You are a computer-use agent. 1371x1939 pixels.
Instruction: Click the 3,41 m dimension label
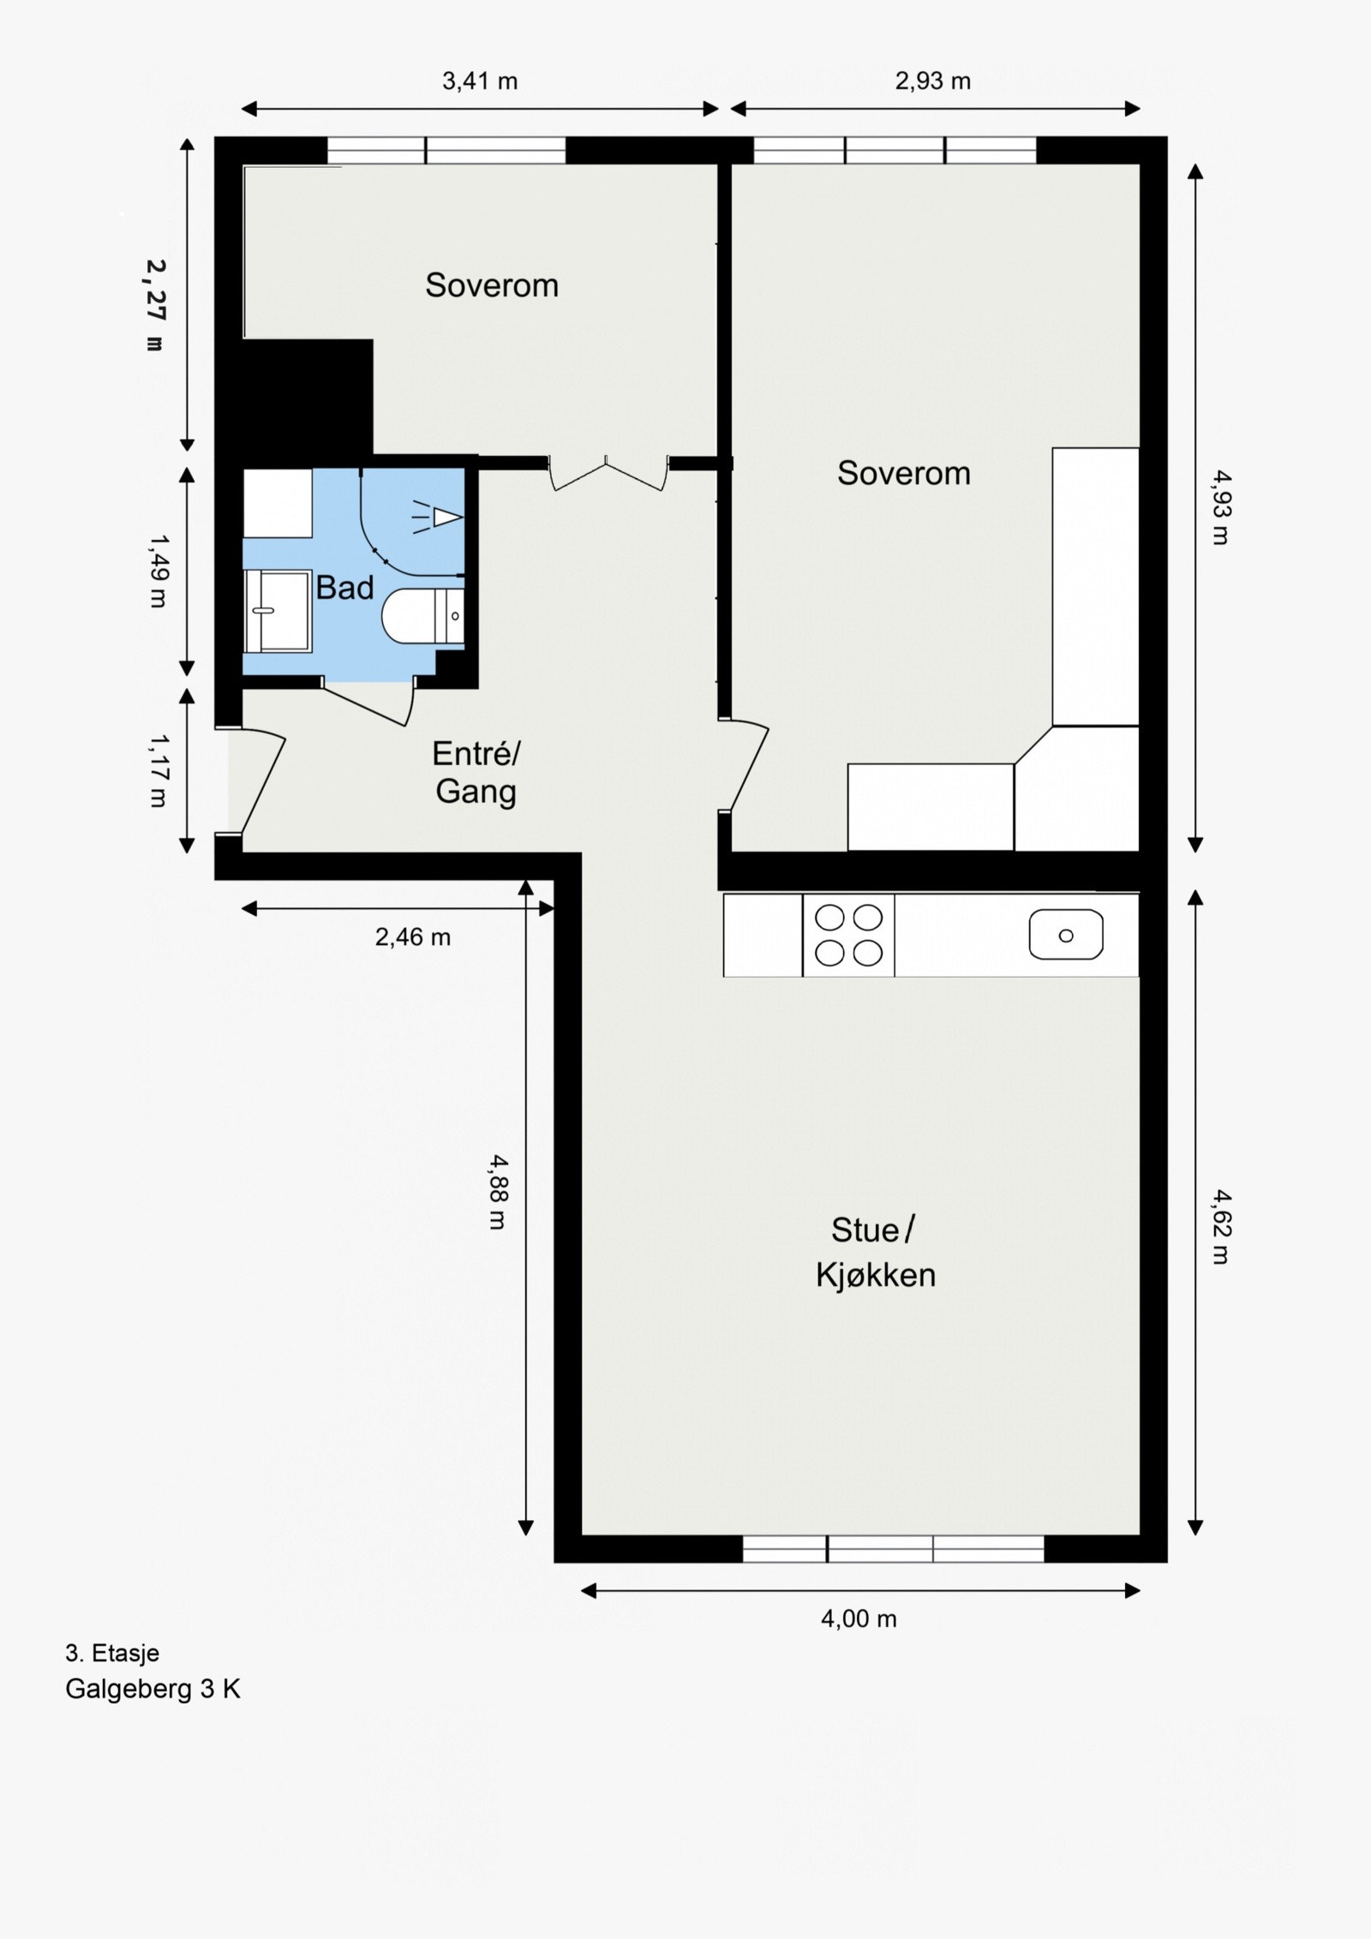point(480,81)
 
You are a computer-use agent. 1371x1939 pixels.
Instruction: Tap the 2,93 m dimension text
point(933,81)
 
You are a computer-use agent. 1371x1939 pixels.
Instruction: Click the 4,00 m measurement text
point(859,1619)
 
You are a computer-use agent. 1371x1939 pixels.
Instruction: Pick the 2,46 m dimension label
point(412,937)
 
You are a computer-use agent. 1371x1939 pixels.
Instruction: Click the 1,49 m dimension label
point(159,571)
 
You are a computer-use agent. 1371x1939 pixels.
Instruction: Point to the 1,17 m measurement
point(159,769)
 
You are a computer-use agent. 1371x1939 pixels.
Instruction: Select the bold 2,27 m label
point(155,305)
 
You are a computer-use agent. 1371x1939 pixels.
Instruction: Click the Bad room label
point(344,588)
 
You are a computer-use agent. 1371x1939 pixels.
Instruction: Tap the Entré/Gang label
point(476,772)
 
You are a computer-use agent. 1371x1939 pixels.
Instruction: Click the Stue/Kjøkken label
point(875,1253)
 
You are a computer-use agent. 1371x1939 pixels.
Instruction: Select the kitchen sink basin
point(1066,935)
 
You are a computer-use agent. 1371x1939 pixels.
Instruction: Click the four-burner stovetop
point(848,935)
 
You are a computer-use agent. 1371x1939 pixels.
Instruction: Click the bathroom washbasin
point(277,611)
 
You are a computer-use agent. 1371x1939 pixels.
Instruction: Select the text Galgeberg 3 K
point(153,1689)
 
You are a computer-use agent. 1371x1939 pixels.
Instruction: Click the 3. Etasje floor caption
point(112,1653)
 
